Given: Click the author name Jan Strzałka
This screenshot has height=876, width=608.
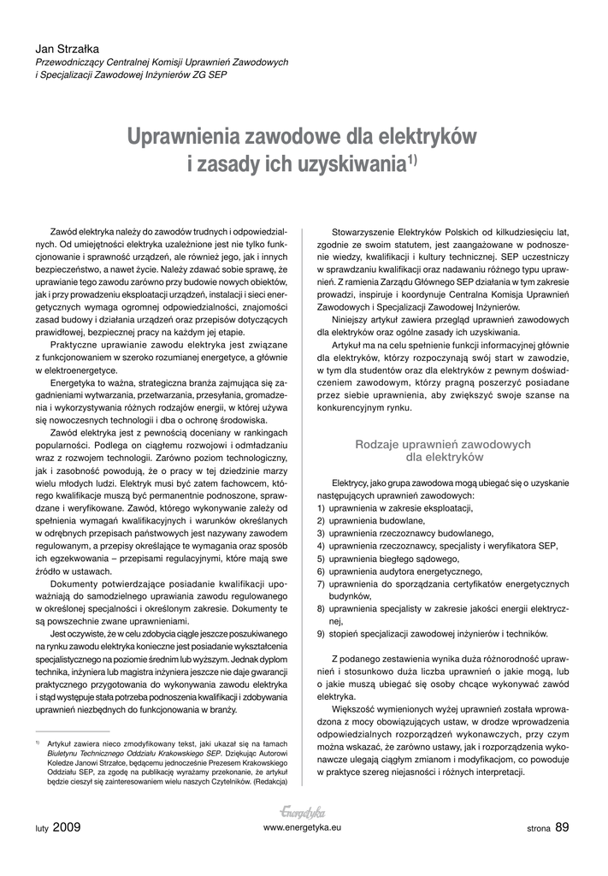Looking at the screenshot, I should pos(67,48).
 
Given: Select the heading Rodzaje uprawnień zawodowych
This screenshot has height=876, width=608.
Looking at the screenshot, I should pos(443,444).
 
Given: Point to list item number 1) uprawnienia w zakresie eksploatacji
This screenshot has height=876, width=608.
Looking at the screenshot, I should pos(395,508).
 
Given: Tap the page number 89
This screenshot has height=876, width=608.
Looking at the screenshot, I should pos(562,826).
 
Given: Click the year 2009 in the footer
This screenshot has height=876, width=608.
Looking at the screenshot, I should pos(67,827).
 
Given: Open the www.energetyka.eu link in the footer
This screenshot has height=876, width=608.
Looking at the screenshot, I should pos(303,828).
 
